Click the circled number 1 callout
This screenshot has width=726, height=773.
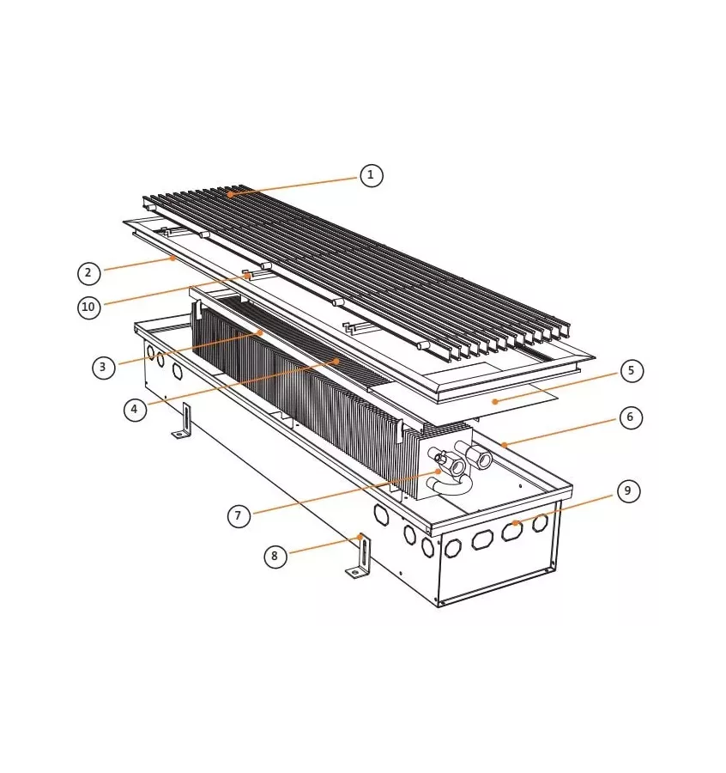[x=371, y=175]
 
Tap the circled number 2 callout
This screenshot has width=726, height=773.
[x=88, y=273]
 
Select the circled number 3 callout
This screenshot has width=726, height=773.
[x=104, y=367]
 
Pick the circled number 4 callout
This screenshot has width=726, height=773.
[x=135, y=409]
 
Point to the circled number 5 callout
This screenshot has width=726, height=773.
[x=631, y=371]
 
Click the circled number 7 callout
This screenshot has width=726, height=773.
[x=239, y=515]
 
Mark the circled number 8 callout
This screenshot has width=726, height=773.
[x=275, y=556]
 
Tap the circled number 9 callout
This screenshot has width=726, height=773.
[x=628, y=491]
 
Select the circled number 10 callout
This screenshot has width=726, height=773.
[x=89, y=307]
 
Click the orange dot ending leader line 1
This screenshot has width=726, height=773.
[x=230, y=195]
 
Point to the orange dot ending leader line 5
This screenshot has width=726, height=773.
[x=495, y=400]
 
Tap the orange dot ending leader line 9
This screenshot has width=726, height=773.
[x=514, y=522]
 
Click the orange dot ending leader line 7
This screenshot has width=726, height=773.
[x=439, y=472]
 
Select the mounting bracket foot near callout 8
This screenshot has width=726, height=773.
[x=360, y=559]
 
